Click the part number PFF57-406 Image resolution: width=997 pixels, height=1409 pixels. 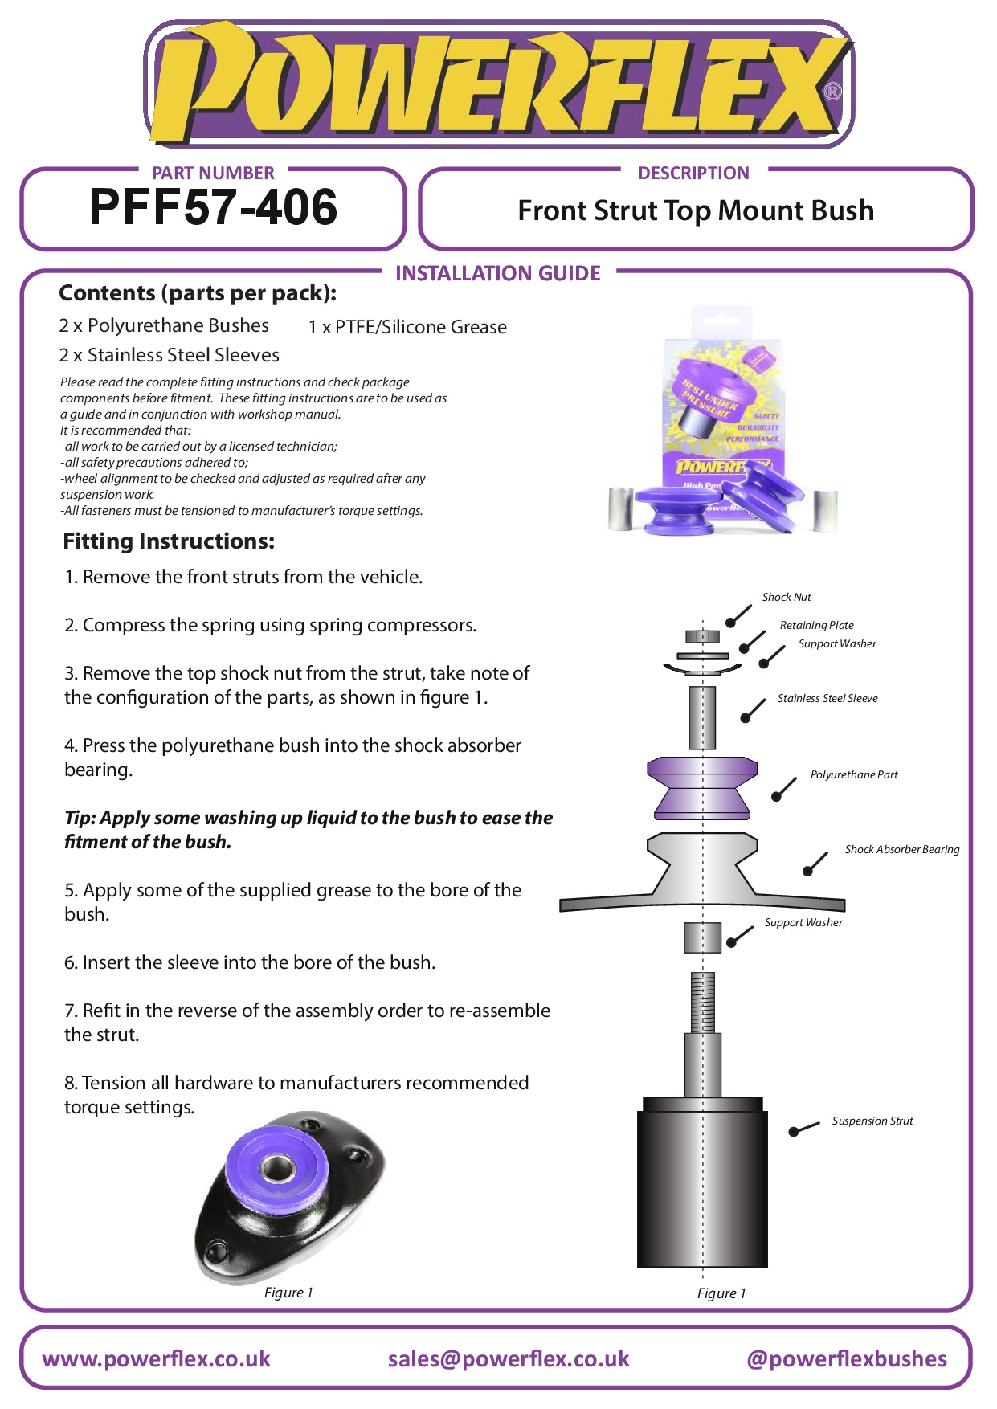point(213,207)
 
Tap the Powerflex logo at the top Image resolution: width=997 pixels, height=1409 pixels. point(498,84)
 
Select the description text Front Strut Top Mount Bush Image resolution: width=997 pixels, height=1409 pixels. point(696,210)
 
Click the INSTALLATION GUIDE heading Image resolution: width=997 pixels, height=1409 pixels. point(498,274)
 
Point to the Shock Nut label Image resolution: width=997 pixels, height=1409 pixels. point(787,597)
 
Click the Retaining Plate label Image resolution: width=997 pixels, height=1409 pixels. point(816,625)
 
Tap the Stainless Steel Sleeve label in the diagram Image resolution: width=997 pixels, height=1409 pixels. point(827,698)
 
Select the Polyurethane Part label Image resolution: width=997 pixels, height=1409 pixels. point(854,774)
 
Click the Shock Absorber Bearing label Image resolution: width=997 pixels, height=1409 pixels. point(902,849)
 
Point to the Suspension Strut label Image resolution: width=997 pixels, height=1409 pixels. point(872,1121)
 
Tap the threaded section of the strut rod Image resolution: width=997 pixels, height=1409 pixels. point(703,1002)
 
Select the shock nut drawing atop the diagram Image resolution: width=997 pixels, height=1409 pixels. point(702,637)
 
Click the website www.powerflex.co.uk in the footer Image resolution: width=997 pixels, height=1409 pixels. point(157,1358)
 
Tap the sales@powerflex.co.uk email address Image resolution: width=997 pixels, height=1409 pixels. point(509,1358)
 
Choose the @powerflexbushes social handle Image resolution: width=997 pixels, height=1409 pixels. point(847,1358)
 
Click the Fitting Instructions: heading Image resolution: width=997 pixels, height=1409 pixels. point(169,541)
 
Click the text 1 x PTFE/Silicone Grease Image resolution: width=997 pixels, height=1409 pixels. point(408,327)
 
